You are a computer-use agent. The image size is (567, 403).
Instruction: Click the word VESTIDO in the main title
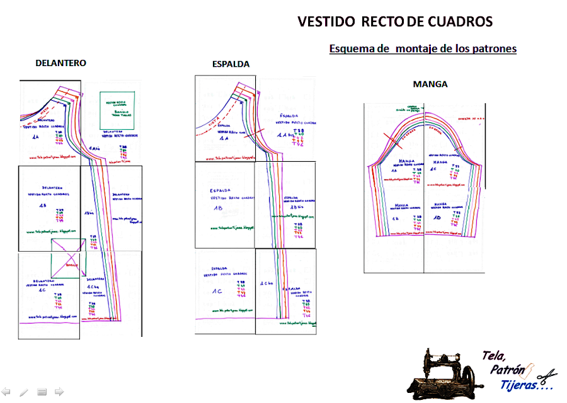(326, 22)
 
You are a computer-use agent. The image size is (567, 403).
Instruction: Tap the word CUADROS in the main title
(461, 22)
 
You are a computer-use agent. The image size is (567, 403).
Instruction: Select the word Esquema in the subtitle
(351, 48)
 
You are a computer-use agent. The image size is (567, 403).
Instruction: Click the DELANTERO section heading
(60, 63)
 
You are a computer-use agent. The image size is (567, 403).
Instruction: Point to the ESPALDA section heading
(231, 64)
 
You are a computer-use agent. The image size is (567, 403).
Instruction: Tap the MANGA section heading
(430, 84)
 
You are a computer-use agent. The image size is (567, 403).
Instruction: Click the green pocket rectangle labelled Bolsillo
(118, 110)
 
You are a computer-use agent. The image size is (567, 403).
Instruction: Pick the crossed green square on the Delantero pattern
(69, 258)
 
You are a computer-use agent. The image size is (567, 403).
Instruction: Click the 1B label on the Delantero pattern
(42, 206)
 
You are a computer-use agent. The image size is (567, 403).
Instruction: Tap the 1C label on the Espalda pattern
(217, 292)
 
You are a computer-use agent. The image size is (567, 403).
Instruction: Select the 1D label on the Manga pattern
(437, 217)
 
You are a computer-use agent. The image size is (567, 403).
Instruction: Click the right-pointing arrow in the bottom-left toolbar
(59, 392)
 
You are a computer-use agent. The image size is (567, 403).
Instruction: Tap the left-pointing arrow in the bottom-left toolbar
(6, 392)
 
